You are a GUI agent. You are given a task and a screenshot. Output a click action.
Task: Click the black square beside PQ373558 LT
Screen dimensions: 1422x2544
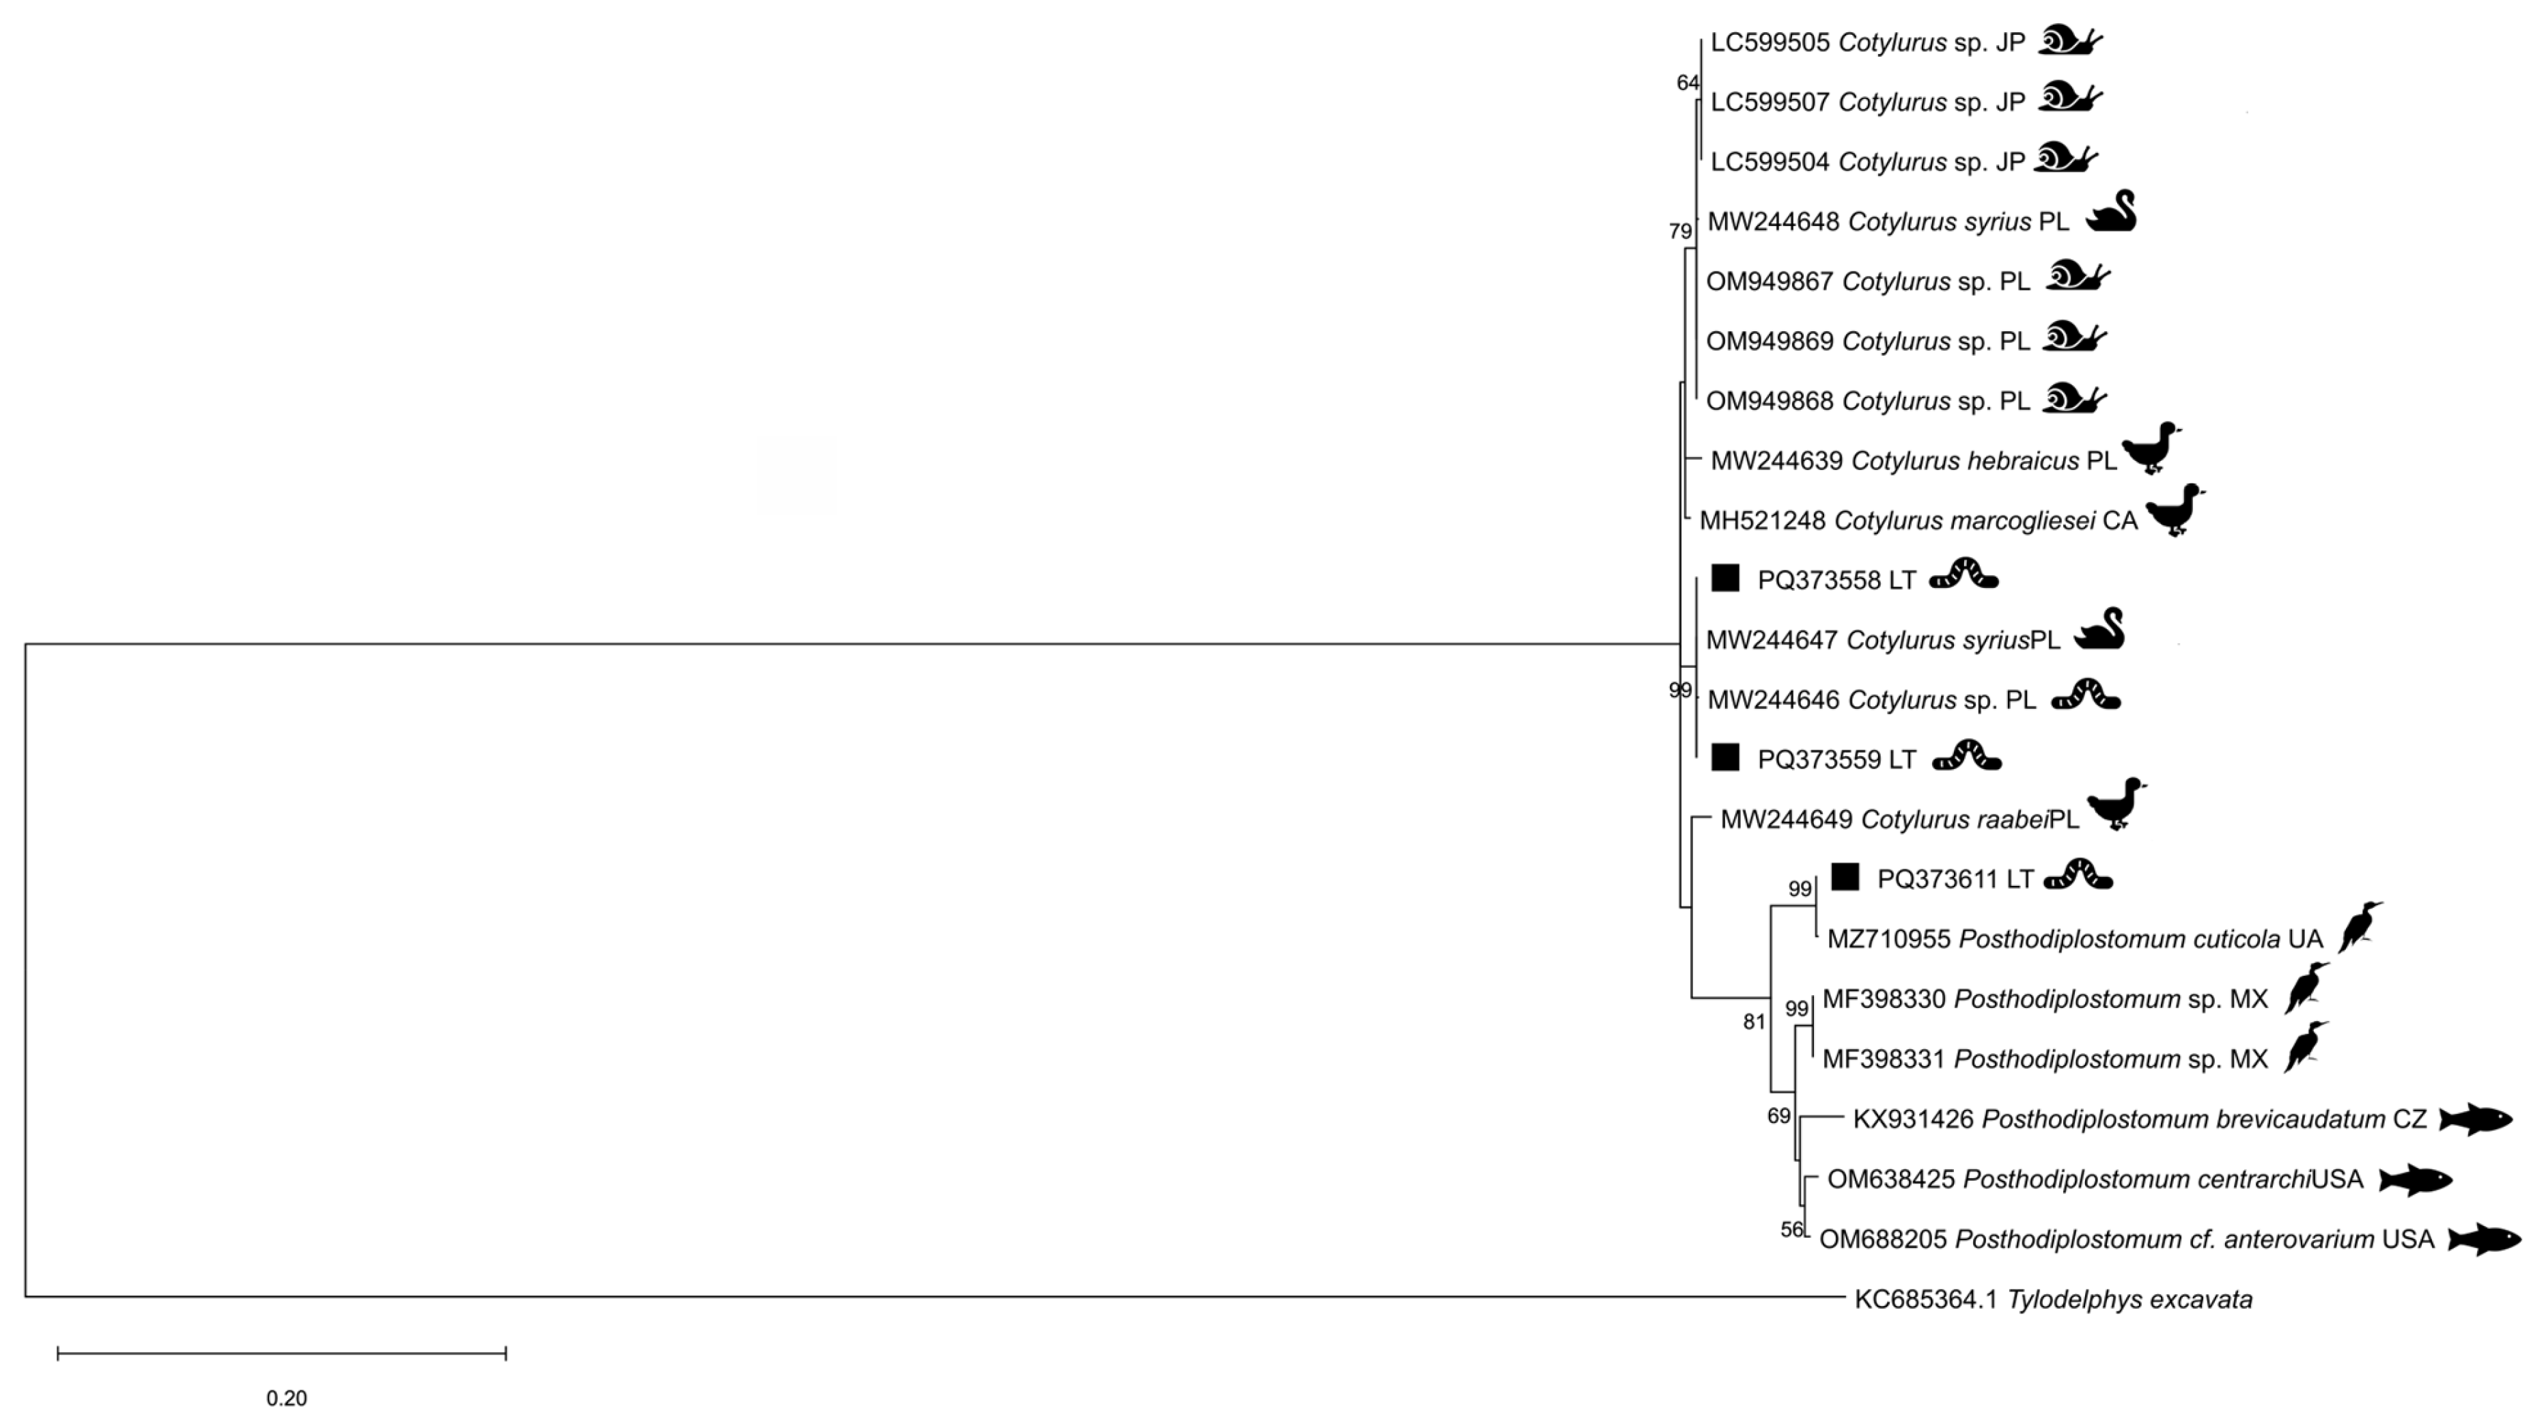tap(1724, 578)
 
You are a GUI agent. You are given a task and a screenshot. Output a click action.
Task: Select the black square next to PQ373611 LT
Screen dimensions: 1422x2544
tap(1844, 877)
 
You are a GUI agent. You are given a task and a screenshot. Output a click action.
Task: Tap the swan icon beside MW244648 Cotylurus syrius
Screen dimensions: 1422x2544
tap(2112, 212)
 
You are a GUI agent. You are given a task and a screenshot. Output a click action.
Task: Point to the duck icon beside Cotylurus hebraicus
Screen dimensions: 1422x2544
tap(2151, 449)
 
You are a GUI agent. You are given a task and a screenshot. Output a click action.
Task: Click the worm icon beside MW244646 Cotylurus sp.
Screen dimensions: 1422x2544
tap(2086, 696)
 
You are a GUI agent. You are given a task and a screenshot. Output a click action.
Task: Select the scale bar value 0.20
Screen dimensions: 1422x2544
tap(286, 1398)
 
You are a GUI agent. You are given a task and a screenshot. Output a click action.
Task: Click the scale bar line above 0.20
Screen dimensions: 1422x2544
tap(281, 1353)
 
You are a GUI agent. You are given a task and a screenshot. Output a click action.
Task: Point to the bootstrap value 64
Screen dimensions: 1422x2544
tap(1688, 83)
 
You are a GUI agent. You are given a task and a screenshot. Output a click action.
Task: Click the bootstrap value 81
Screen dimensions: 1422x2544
tap(1754, 1022)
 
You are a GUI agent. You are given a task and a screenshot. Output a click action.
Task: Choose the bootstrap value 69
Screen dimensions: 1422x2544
tap(1778, 1116)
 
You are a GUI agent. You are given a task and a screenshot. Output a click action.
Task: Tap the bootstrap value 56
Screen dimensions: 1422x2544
tap(1791, 1229)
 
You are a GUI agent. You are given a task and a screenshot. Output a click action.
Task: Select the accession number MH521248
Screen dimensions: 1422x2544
tap(1762, 520)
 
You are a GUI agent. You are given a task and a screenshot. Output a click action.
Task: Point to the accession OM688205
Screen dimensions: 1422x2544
tap(1882, 1240)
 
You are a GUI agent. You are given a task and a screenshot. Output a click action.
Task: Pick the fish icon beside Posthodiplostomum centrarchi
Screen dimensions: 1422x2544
tap(2415, 1179)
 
